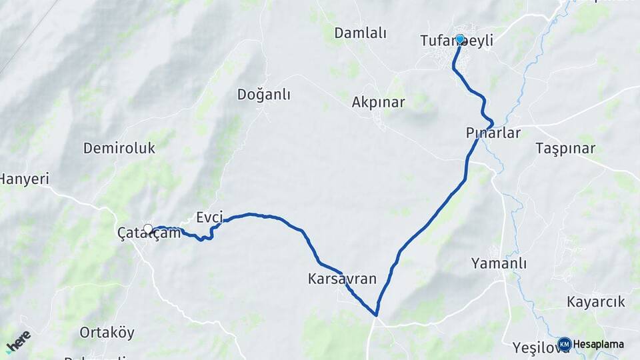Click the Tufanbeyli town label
[x=457, y=41]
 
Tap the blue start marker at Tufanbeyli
[x=460, y=39]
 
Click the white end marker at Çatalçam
[x=148, y=229]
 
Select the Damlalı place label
[x=360, y=33]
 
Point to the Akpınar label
[x=378, y=103]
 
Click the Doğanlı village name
[x=263, y=95]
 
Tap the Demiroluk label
[x=119, y=148]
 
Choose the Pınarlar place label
[x=493, y=133]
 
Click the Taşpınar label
[x=565, y=149]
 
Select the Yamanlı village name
[x=499, y=263]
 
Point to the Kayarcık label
[x=596, y=302]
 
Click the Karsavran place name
[x=342, y=279]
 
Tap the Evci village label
[x=209, y=217]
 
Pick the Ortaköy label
[x=107, y=332]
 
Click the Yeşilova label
[x=535, y=347]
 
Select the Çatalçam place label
[x=149, y=234]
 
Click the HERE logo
[x=19, y=341]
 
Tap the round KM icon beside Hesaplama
[x=565, y=344]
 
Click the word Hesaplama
[x=599, y=345]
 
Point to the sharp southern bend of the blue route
[x=376, y=315]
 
